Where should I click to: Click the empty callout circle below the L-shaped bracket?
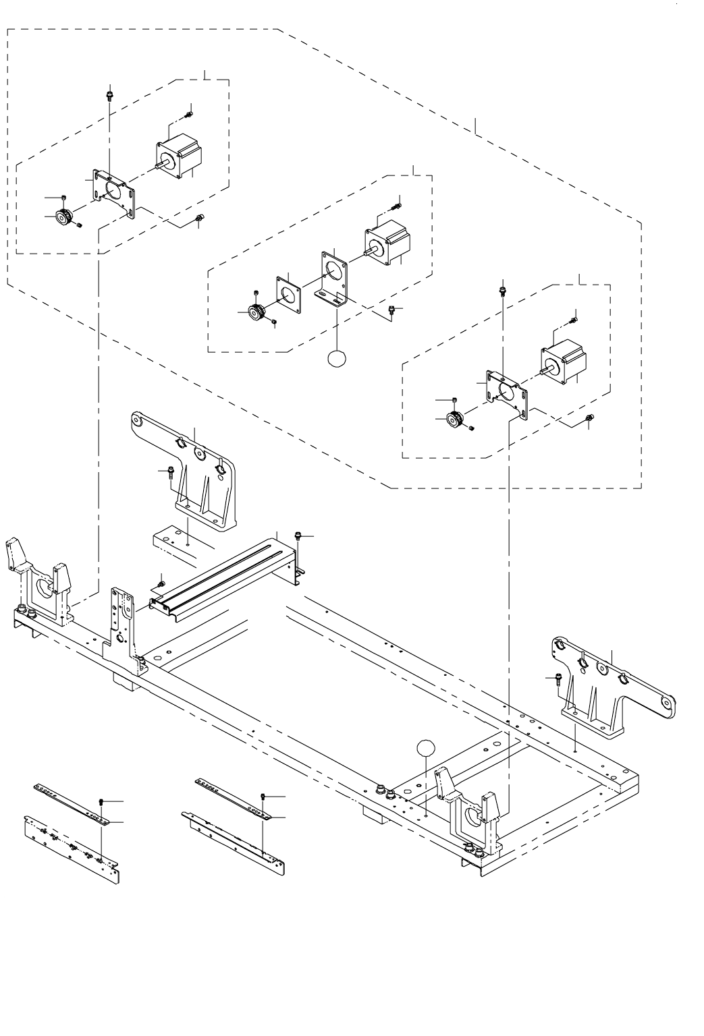coord(335,359)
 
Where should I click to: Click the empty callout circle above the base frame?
coord(426,747)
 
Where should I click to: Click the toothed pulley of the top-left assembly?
coord(65,217)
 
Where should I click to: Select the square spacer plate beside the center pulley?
coord(288,293)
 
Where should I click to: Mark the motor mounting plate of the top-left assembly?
coord(113,192)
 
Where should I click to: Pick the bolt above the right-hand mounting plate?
coord(503,290)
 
